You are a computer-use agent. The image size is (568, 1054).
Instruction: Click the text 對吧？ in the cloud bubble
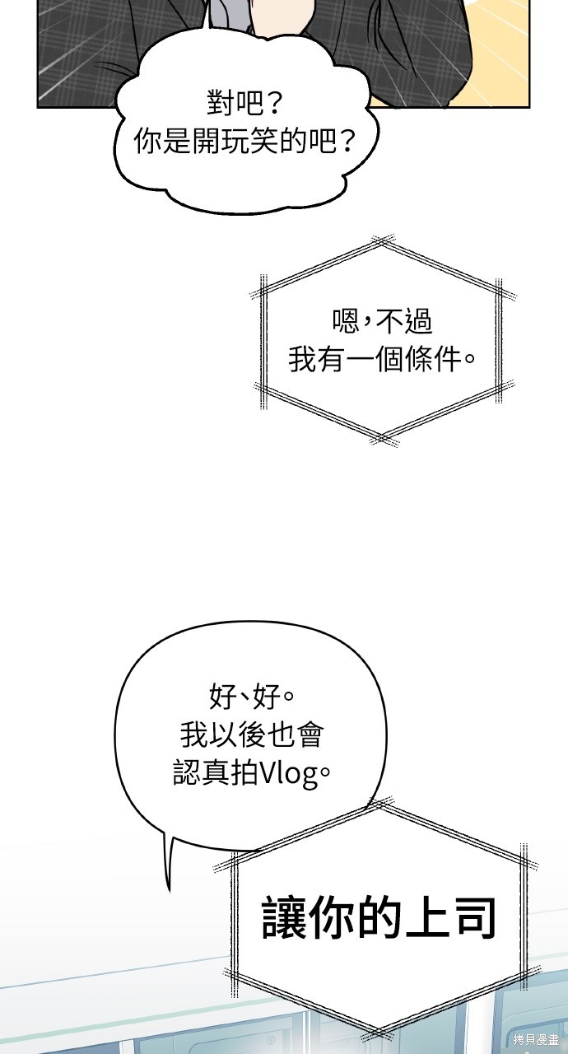coord(244,102)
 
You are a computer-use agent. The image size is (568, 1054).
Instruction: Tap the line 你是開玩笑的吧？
coord(244,140)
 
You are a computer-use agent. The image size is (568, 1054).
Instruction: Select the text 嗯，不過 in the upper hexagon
coord(382,321)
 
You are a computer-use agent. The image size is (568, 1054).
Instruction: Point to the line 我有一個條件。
coord(382,360)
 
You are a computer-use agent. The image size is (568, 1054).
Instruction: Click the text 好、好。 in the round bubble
coord(252,697)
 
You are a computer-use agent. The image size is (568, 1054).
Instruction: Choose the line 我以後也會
coord(252,735)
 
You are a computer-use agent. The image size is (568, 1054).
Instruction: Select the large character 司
coord(473,918)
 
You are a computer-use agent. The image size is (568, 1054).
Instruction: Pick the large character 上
coord(426,918)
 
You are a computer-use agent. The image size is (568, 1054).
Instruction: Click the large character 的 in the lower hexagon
coord(379,918)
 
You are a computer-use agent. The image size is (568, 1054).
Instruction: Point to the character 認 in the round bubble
coord(187,773)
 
